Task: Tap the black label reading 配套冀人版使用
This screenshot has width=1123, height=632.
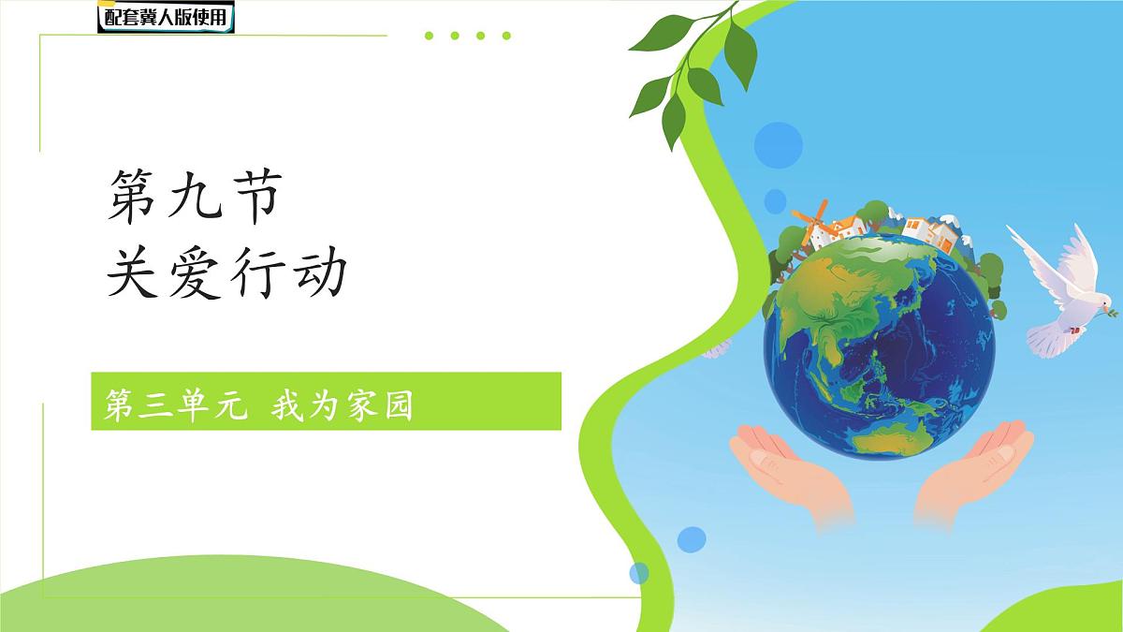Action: pyautogui.click(x=166, y=16)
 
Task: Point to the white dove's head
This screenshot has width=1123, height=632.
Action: pyautogui.click(x=1091, y=299)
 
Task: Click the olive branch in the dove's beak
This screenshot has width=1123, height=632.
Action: pyautogui.click(x=1112, y=309)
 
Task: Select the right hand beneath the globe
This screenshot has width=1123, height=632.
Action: pyautogui.click(x=973, y=468)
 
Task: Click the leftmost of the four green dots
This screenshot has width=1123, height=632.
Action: pyautogui.click(x=430, y=36)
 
